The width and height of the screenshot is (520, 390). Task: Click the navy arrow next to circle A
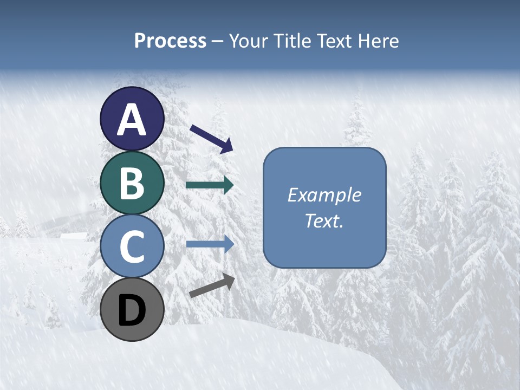(211, 139)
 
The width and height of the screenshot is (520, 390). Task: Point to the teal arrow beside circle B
(210, 185)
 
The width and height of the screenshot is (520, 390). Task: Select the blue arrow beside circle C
(210, 244)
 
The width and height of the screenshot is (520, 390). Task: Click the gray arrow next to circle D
(212, 285)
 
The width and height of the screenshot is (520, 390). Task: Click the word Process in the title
(170, 41)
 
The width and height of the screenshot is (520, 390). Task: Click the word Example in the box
(324, 195)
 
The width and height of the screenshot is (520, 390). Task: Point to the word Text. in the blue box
(324, 220)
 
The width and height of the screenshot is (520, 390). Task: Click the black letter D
(132, 310)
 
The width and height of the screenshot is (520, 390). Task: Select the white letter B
(132, 183)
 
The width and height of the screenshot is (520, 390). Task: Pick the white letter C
(132, 247)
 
